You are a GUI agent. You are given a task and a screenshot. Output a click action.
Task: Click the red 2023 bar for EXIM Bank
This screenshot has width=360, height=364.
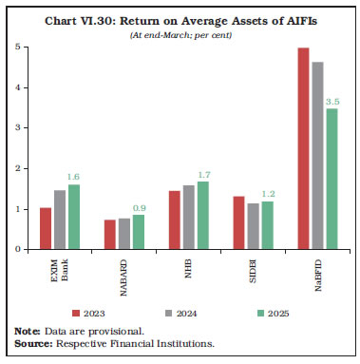coord(46,228)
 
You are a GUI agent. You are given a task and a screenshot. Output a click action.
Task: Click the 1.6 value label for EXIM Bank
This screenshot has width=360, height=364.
coord(73,176)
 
